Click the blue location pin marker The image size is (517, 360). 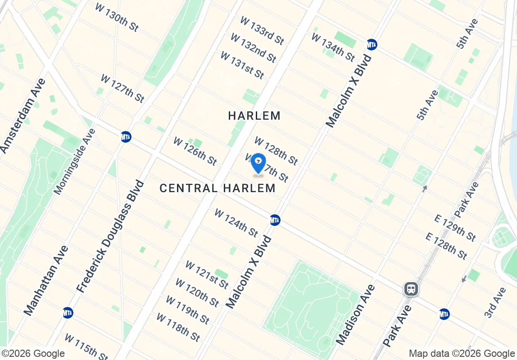tap(258, 163)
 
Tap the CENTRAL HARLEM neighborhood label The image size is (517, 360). tap(218, 188)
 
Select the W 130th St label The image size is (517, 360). tap(117, 18)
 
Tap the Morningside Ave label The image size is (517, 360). tap(75, 162)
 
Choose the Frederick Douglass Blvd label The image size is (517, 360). tap(110, 237)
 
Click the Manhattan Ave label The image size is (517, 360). tap(46, 280)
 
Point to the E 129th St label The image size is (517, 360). tap(455, 228)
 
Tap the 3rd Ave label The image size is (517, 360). tap(495, 302)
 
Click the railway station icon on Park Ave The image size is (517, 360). tap(411, 289)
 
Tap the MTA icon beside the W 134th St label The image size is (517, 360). tap(372, 45)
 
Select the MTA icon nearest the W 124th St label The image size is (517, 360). tap(275, 220)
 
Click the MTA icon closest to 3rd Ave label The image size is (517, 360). tap(444, 314)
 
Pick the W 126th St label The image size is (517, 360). tap(195, 151)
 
